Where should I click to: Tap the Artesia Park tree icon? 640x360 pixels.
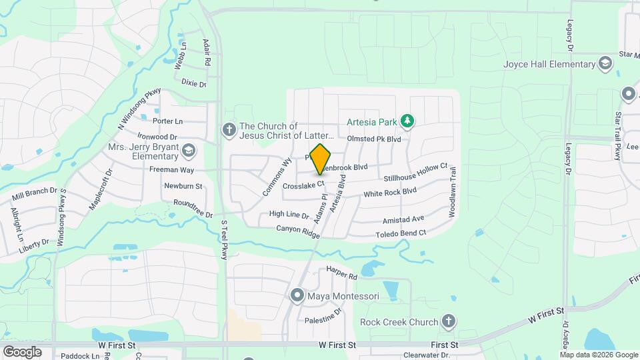tap(407, 121)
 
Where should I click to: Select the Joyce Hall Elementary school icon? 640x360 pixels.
tap(605, 64)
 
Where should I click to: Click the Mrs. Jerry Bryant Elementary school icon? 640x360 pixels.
tap(189, 150)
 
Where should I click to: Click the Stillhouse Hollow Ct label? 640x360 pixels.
tap(415, 173)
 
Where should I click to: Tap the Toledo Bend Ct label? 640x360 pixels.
tap(400, 233)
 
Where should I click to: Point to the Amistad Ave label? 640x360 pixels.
tap(403, 219)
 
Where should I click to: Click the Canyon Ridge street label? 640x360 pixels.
tap(298, 231)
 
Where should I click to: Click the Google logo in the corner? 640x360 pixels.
tap(22, 351)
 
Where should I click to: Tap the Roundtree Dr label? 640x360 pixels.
tap(192, 207)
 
